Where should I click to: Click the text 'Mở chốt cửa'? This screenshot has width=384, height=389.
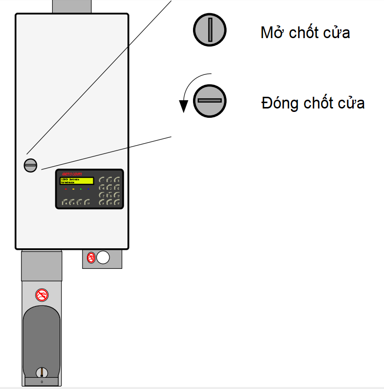coord(305,33)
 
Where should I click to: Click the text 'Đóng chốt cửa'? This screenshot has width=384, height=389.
coord(313,104)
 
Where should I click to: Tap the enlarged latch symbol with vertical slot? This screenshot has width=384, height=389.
coord(210,30)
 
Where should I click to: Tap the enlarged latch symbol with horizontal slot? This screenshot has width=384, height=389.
coord(210,101)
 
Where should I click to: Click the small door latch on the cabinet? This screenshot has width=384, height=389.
coord(30,165)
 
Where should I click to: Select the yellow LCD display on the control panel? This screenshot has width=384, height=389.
coord(76,181)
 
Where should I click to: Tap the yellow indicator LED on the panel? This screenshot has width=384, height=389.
coord(73,189)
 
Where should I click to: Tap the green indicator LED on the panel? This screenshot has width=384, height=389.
coord(81,189)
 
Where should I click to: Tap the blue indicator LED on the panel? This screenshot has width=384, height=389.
coord(88,189)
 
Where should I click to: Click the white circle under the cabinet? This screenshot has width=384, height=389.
coord(103,258)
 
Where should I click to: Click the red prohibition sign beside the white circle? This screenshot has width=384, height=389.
coord(91,258)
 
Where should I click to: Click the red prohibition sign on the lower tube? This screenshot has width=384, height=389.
coord(42,294)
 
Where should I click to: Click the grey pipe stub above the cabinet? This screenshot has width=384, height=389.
coord(71,6)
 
